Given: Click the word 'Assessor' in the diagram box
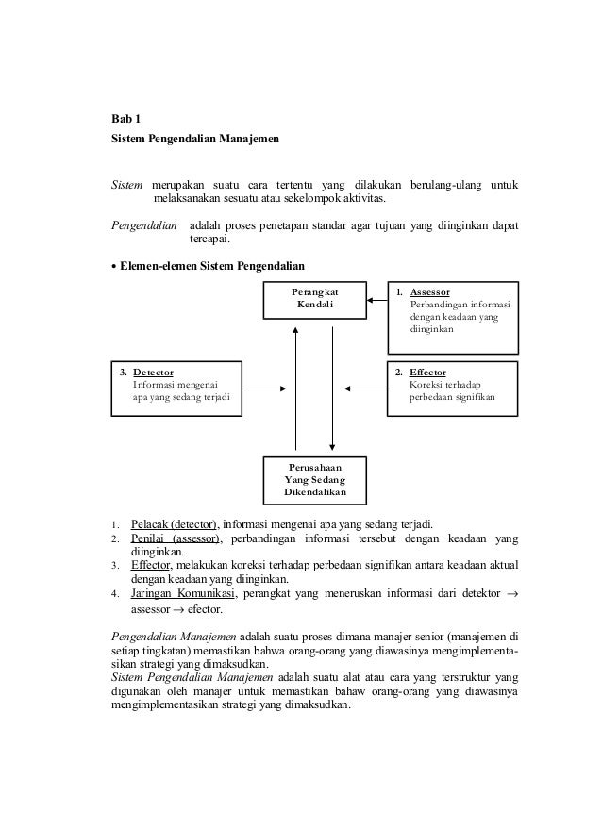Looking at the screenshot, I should [x=429, y=292].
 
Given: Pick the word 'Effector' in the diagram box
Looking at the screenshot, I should [x=427, y=372].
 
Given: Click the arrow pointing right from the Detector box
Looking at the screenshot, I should [x=263, y=387].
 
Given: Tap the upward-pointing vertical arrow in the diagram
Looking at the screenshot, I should [x=296, y=387].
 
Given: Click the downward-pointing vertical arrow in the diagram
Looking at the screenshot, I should [x=332, y=387].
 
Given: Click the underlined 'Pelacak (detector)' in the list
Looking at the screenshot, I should [x=174, y=524].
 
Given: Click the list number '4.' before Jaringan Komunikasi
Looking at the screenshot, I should [x=114, y=594].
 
